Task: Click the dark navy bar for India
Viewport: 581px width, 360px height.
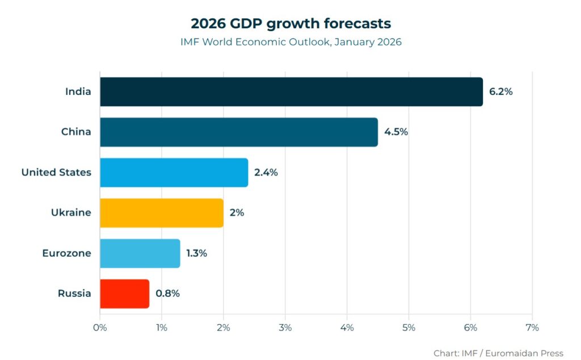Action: click(x=291, y=91)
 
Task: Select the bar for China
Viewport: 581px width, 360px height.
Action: click(x=238, y=132)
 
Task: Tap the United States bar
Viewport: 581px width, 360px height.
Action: click(x=174, y=173)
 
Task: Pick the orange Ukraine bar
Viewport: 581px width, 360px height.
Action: click(x=161, y=213)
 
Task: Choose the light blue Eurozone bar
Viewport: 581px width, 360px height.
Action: click(x=140, y=253)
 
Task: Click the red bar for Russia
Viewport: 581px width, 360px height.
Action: click(x=124, y=294)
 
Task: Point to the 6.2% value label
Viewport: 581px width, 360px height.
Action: click(x=500, y=91)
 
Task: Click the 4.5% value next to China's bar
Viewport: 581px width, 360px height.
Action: click(x=396, y=132)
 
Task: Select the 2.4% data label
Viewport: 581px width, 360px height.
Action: click(x=266, y=173)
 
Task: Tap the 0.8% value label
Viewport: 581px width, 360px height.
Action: click(x=167, y=294)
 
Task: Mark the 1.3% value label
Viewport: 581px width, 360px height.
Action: click(x=197, y=253)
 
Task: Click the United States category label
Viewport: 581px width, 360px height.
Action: click(x=56, y=173)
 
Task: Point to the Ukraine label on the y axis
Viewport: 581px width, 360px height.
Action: click(x=71, y=213)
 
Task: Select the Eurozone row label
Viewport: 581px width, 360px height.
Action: click(x=66, y=253)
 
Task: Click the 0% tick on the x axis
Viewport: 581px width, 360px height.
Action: click(x=100, y=328)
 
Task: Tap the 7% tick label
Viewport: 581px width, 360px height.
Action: click(x=532, y=328)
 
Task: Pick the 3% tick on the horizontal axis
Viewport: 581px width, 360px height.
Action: click(x=285, y=328)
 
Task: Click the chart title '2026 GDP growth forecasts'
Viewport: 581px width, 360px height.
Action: click(x=290, y=24)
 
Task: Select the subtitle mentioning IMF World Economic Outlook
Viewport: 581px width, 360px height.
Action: click(x=290, y=42)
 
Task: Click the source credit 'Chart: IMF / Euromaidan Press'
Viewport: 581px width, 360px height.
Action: click(x=498, y=353)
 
